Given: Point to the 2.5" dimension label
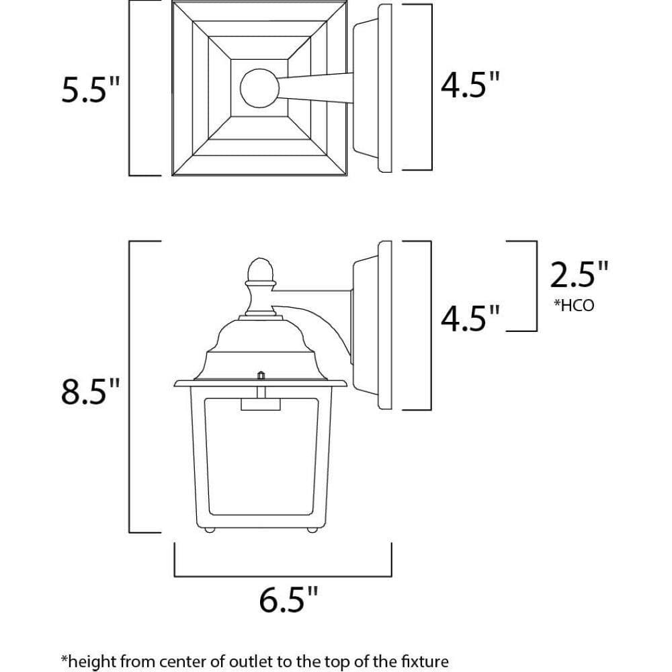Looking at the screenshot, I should pos(580,276).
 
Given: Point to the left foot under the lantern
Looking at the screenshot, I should pos(210,530).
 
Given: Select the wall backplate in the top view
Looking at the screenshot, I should pos(385,88).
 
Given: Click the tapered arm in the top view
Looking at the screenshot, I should pos(316,89).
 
